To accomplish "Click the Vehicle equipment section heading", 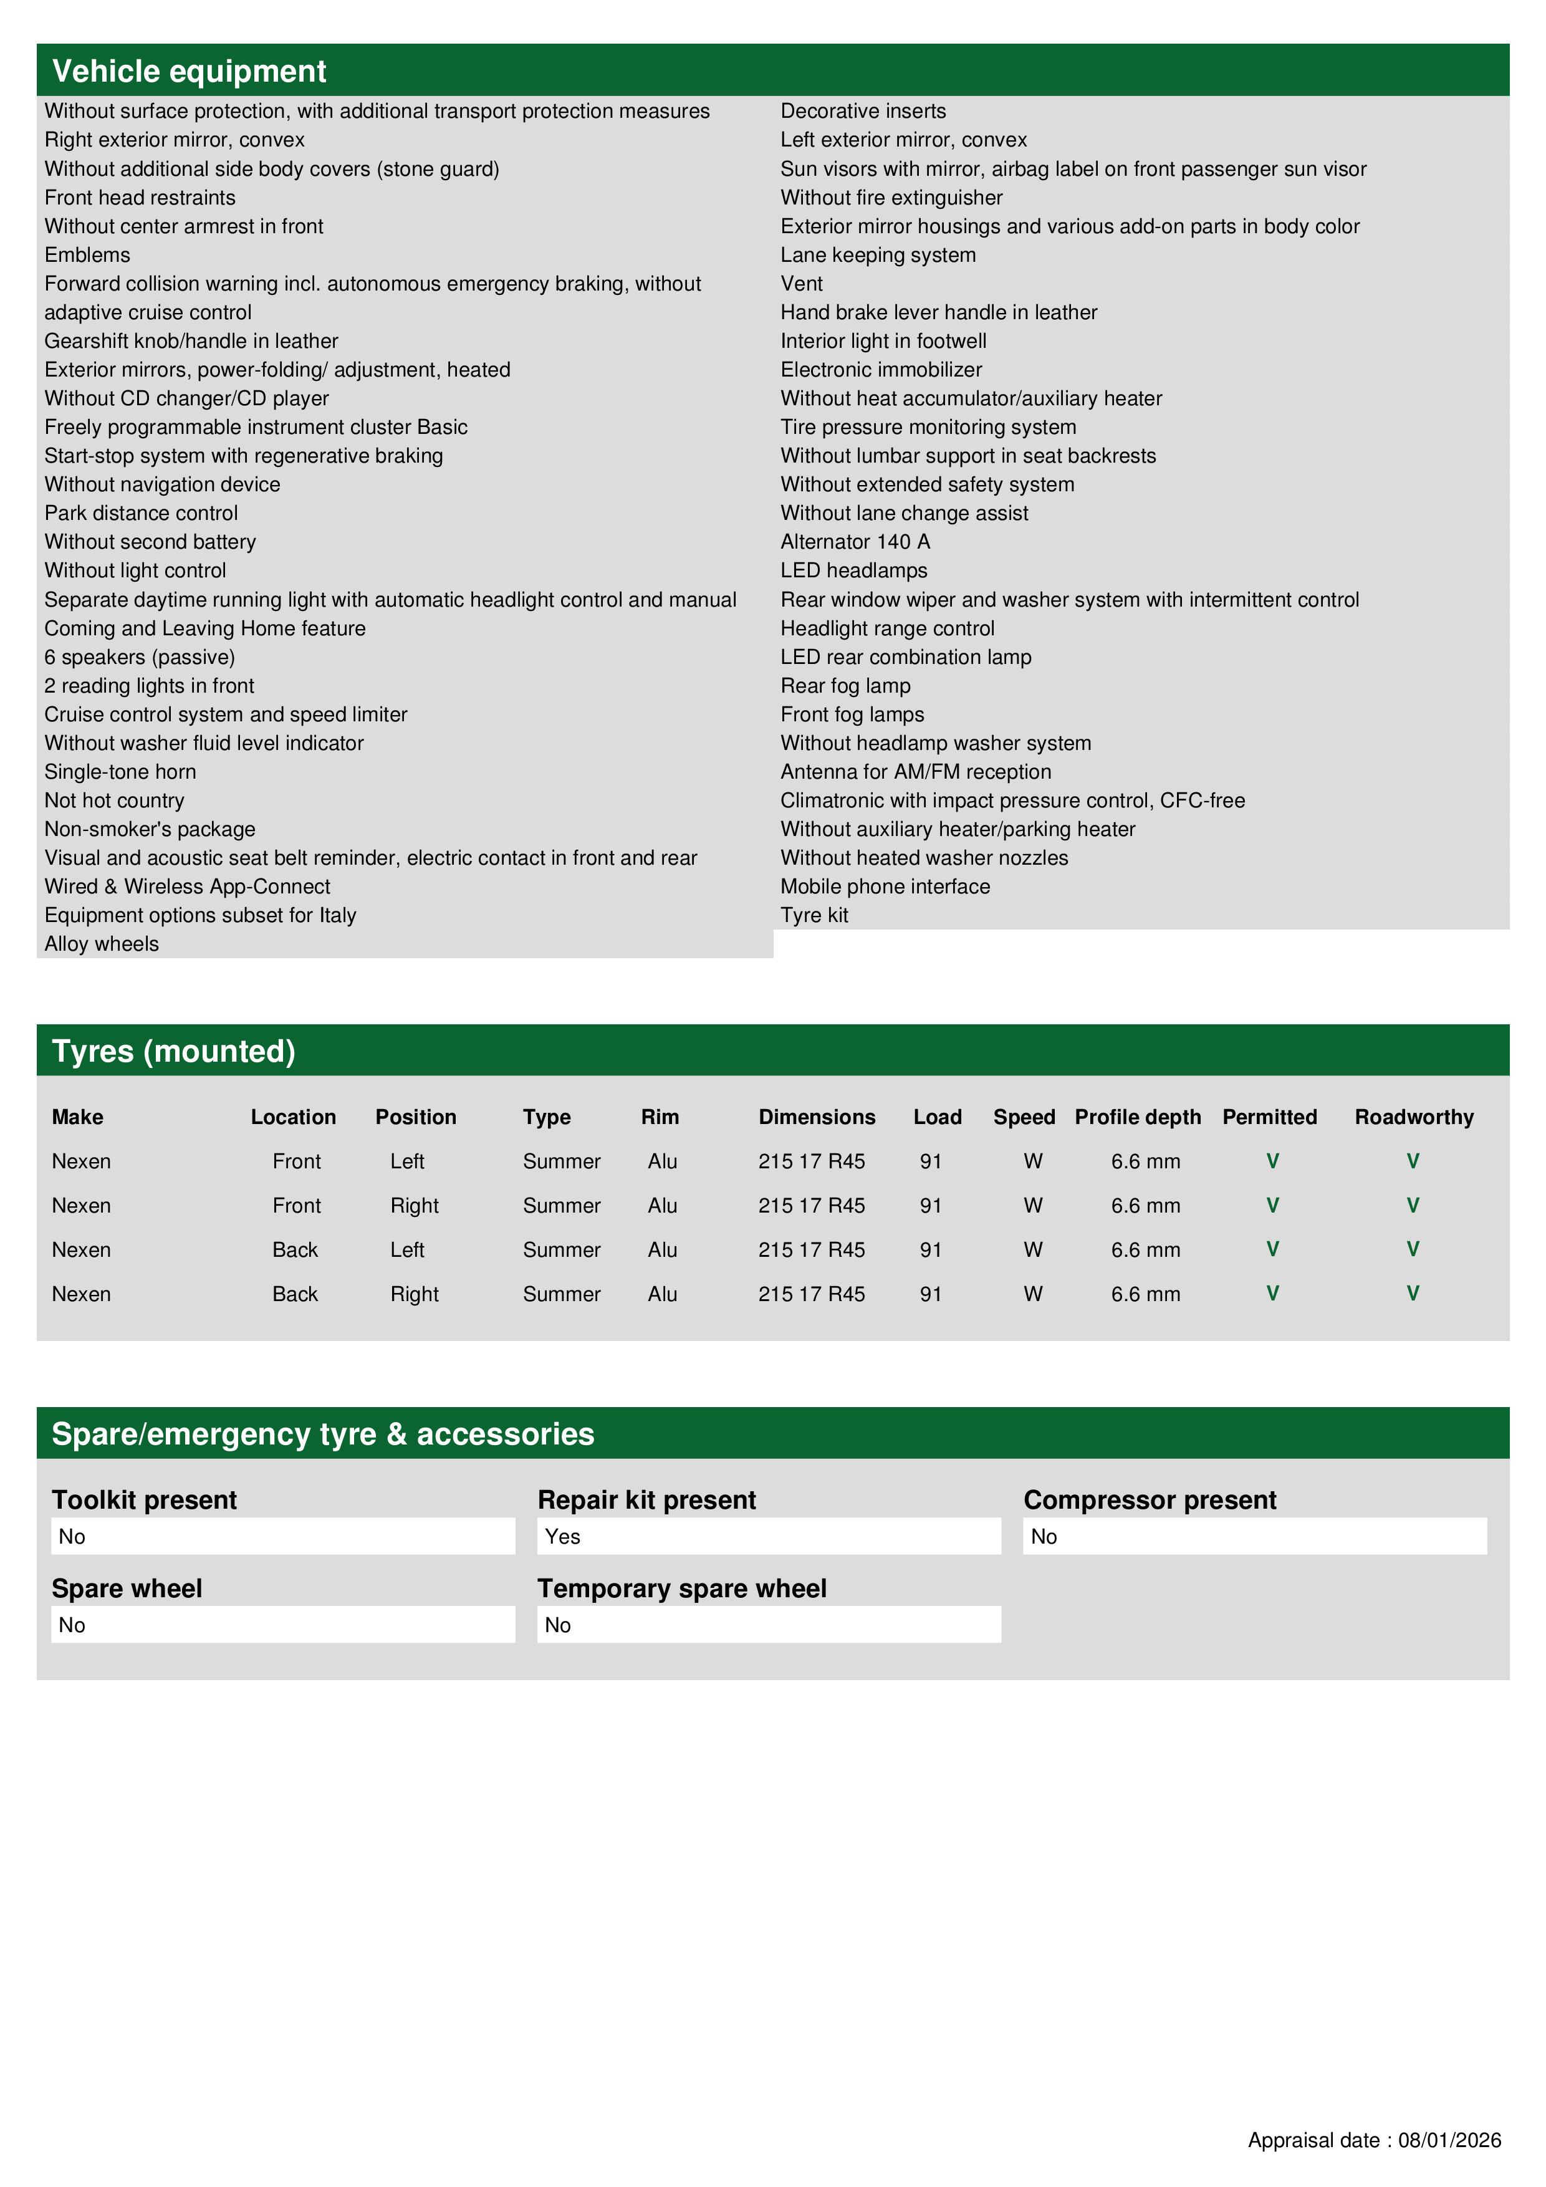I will [189, 72].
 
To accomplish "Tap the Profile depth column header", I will [1137, 1117].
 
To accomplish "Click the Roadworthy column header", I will [1414, 1117].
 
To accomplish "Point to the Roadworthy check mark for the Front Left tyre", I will [1413, 1160].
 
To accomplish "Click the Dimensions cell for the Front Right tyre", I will [812, 1205].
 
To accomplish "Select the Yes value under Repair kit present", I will [563, 1536].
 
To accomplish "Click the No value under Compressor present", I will [1044, 1536].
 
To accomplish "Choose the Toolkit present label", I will [144, 1499].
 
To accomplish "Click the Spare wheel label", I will [127, 1588].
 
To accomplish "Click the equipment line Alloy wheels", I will [102, 943].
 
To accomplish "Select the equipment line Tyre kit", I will [814, 915].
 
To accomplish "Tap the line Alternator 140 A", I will [855, 541].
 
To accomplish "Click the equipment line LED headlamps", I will [853, 570].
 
